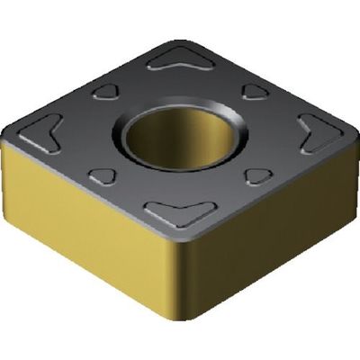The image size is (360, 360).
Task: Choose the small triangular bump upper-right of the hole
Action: pos(256,92)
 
